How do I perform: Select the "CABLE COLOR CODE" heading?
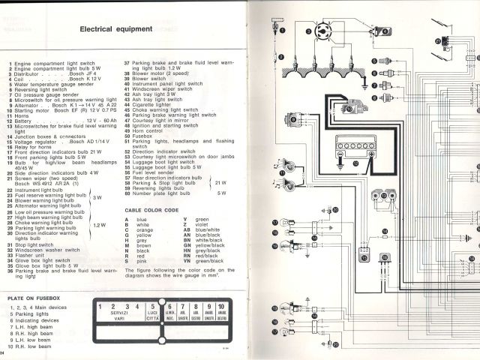151,210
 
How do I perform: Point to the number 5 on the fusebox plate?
153,307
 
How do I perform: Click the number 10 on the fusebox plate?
222,307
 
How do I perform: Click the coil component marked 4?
381,31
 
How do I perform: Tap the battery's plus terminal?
370,154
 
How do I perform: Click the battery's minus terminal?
339,154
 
